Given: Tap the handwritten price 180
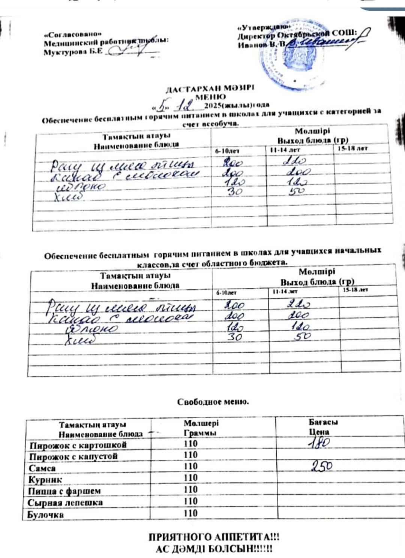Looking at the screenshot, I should [319, 443].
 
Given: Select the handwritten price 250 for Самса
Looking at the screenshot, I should [322, 466].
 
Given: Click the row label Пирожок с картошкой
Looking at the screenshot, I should [78, 446].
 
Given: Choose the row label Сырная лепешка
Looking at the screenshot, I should [65, 503].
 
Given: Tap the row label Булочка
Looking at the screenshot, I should [45, 515].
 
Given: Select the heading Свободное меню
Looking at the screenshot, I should [213, 402].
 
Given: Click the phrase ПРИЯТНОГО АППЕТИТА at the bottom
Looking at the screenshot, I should [214, 537].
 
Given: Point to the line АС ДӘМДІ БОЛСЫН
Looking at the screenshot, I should [214, 549].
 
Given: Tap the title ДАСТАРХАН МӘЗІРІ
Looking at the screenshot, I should [210, 89].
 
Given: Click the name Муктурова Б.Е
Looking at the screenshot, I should [73, 52].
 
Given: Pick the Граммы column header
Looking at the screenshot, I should [200, 433].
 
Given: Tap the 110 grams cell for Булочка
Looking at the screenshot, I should [190, 513].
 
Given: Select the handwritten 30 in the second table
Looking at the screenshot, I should [235, 337].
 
